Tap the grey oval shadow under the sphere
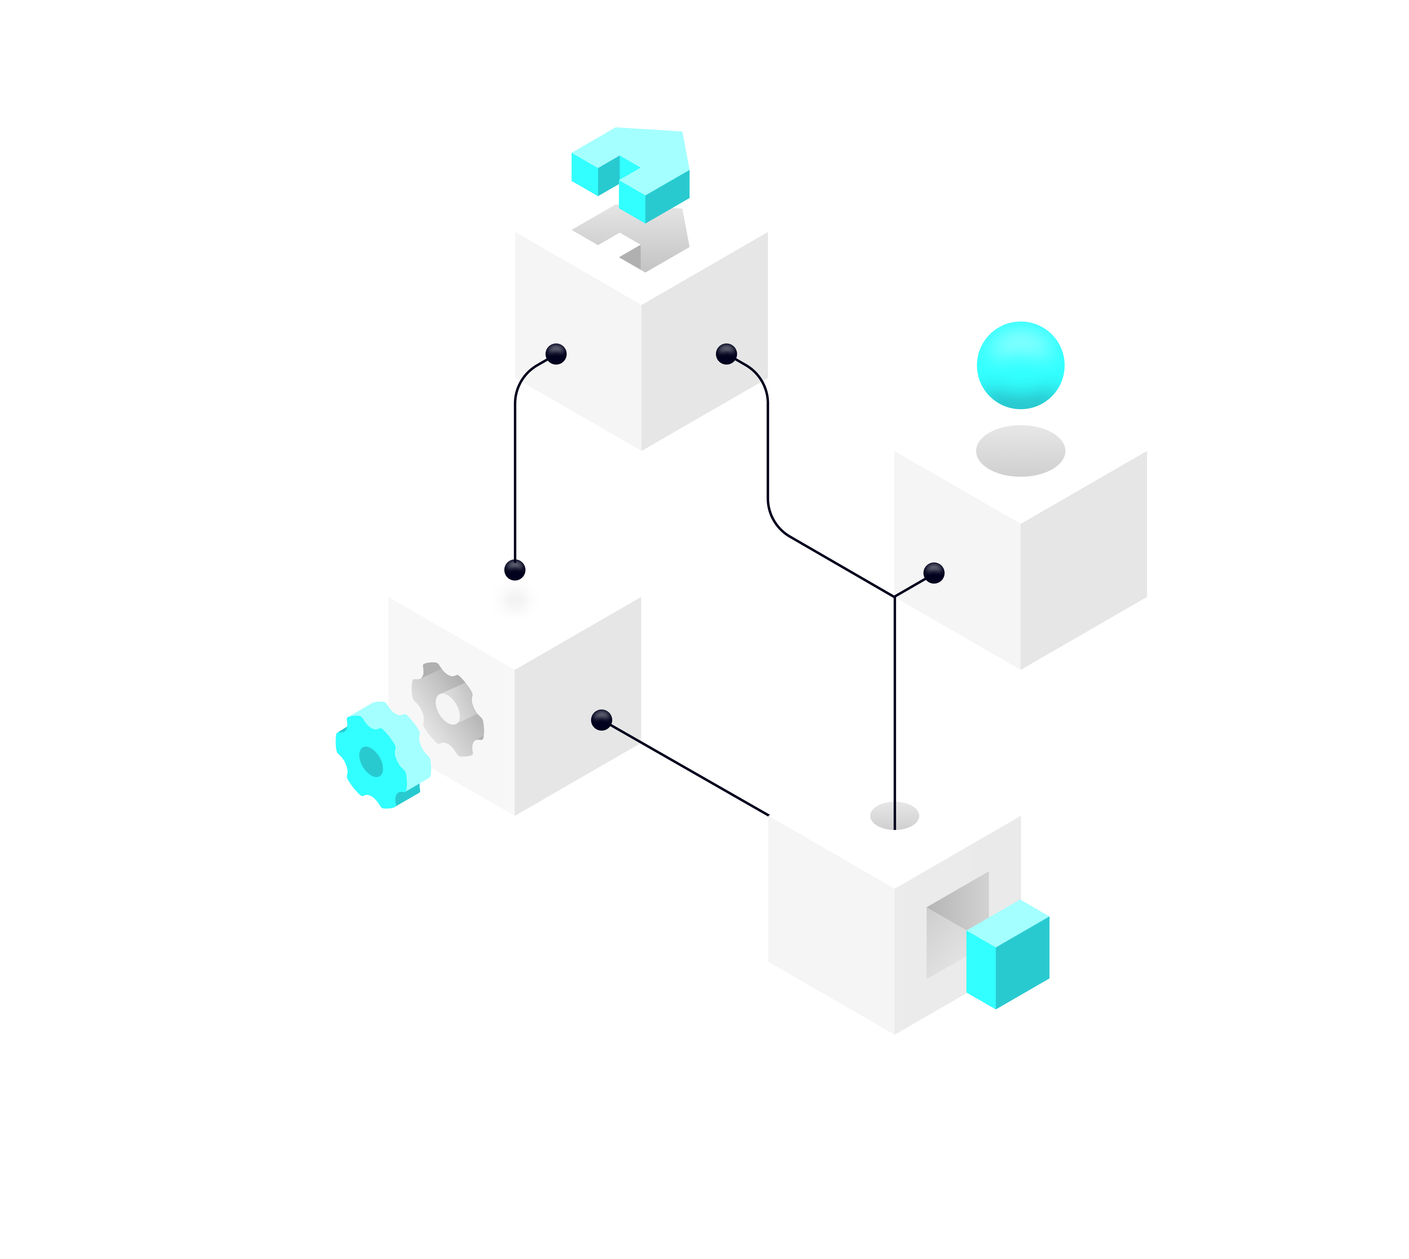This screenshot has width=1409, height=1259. click(1020, 451)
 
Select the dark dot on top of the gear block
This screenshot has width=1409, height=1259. click(515, 570)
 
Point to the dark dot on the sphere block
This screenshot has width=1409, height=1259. click(934, 573)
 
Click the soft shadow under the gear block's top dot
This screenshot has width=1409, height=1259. click(515, 600)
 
